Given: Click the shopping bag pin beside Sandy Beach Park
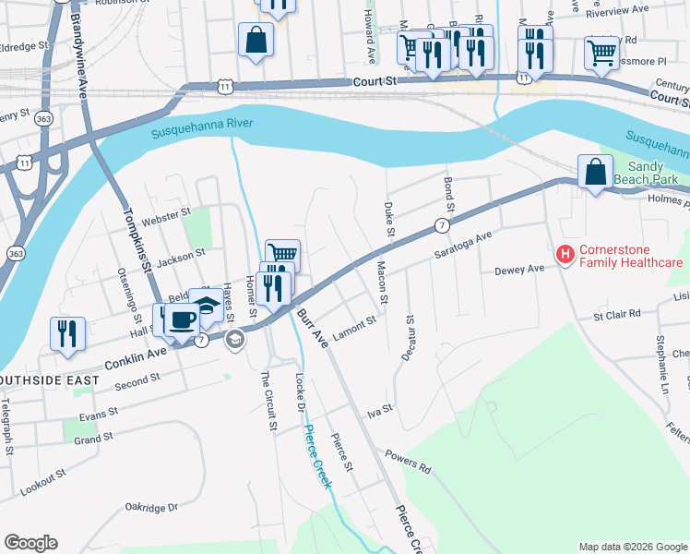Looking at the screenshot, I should tap(595, 172).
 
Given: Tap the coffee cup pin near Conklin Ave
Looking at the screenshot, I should tap(183, 319).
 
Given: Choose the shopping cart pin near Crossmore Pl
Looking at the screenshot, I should tap(601, 54).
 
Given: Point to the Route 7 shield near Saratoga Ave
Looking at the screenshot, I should tap(443, 226).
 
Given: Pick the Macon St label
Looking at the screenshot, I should tap(381, 283).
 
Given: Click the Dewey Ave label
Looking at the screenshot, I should tap(521, 270).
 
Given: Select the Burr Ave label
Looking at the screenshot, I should tap(312, 329).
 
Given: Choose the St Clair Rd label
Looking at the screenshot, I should tap(617, 315).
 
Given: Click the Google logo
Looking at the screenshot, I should tap(30, 543).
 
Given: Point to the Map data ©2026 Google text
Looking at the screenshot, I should tap(633, 547).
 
